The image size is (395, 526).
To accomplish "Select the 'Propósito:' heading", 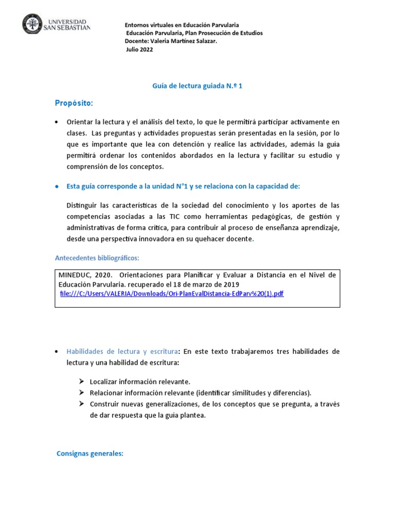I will pos(74,104).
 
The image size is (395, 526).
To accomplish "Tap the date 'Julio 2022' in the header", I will pos(139,49).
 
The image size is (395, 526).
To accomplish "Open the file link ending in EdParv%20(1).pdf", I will pos(172,293).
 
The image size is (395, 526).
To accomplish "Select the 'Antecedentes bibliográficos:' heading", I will pos(97,257).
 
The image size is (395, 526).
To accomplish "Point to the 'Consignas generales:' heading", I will pos(90,454).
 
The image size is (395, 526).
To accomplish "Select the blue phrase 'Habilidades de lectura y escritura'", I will pos(122,351).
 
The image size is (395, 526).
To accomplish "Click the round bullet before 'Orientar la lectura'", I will pos(57,122).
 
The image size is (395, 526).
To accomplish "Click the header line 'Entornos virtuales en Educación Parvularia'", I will pos(182,25).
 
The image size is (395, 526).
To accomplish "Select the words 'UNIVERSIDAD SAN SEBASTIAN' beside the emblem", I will pos(68,24).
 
